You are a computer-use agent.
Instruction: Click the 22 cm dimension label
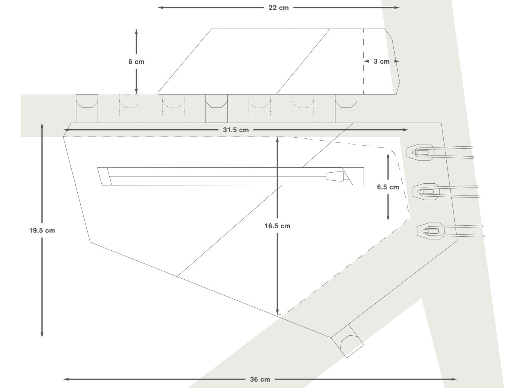pyautogui.click(x=278, y=8)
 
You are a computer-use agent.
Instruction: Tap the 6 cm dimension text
pyautogui.click(x=136, y=62)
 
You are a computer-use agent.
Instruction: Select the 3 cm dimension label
pyautogui.click(x=382, y=61)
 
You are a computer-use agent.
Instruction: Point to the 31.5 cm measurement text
pyautogui.click(x=236, y=130)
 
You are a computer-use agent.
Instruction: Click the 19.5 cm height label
pyautogui.click(x=42, y=231)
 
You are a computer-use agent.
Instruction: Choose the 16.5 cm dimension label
pyautogui.click(x=277, y=226)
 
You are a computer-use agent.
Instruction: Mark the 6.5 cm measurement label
pyautogui.click(x=388, y=187)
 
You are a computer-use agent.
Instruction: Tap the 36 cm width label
pyautogui.click(x=260, y=379)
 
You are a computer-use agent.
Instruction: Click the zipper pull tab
pyautogui.click(x=335, y=176)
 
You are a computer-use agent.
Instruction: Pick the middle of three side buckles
pyautogui.click(x=445, y=192)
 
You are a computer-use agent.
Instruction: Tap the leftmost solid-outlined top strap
pyautogui.click(x=87, y=108)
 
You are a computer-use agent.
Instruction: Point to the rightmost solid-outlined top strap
pyautogui.click(x=346, y=108)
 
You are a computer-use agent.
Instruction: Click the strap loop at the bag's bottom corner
pyautogui.click(x=348, y=341)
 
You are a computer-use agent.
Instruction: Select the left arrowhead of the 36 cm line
pyautogui.click(x=66, y=379)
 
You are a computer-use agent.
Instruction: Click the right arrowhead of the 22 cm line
pyautogui.click(x=397, y=8)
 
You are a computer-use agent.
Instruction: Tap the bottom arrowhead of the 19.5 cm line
pyautogui.click(x=42, y=335)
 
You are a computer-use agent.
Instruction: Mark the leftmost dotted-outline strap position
pyautogui.click(x=130, y=108)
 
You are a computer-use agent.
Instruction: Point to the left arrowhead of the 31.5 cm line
pyautogui.click(x=66, y=130)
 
